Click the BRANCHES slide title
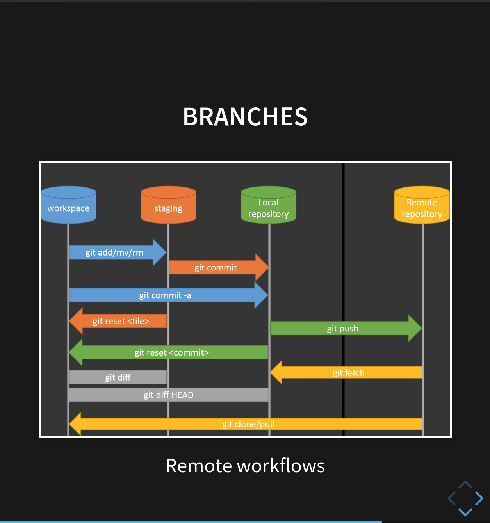tap(245, 117)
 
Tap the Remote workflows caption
tap(245, 466)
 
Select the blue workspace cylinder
tap(68, 206)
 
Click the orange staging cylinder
tap(168, 206)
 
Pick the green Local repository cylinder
tap(268, 206)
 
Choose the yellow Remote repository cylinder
tap(422, 206)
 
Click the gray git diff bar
tap(118, 377)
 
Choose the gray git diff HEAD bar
tap(169, 395)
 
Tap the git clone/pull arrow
tap(248, 424)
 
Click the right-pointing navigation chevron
tap(479, 498)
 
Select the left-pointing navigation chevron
tap(452, 498)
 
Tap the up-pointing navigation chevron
tap(465, 485)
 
